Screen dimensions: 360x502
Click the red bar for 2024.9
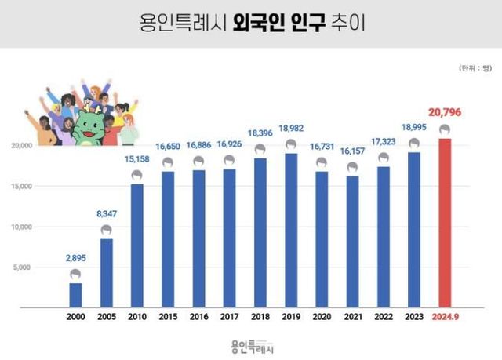(444, 224)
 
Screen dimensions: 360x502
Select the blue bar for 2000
(75, 295)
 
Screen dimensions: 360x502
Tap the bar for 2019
(290, 230)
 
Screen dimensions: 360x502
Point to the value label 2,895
(75, 257)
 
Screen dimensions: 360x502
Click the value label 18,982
(290, 130)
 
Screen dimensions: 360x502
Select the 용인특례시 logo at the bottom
(251, 344)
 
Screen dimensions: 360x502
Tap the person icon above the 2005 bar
(106, 230)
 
